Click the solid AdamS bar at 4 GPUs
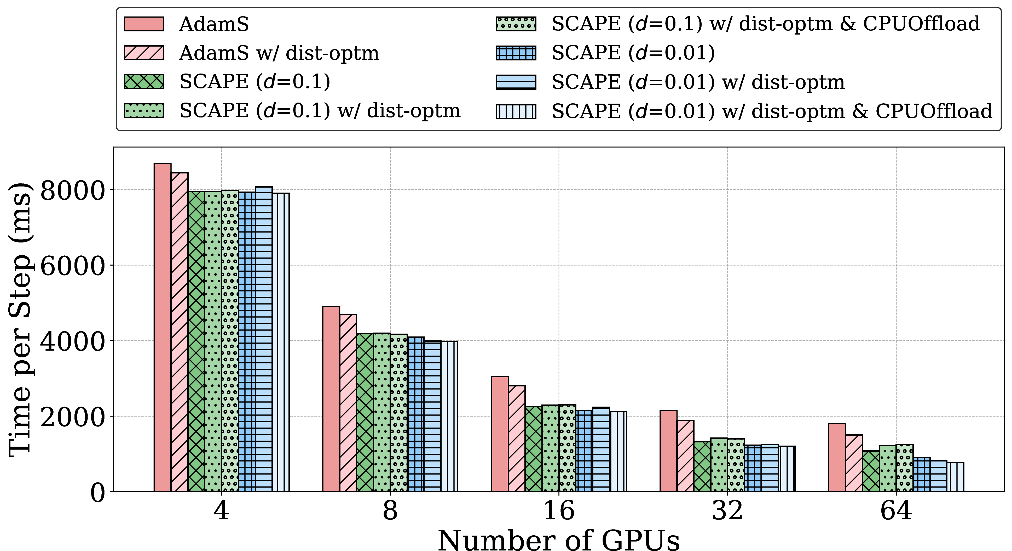pyautogui.click(x=162, y=327)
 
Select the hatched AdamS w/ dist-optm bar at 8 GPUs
pyautogui.click(x=348, y=403)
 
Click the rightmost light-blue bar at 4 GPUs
pyautogui.click(x=280, y=342)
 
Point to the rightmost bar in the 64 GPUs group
pyautogui.click(x=955, y=477)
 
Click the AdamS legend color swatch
pyautogui.click(x=144, y=24)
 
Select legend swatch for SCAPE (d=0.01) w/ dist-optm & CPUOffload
pyautogui.click(x=516, y=111)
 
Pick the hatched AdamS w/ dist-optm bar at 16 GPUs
pyautogui.click(x=517, y=438)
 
